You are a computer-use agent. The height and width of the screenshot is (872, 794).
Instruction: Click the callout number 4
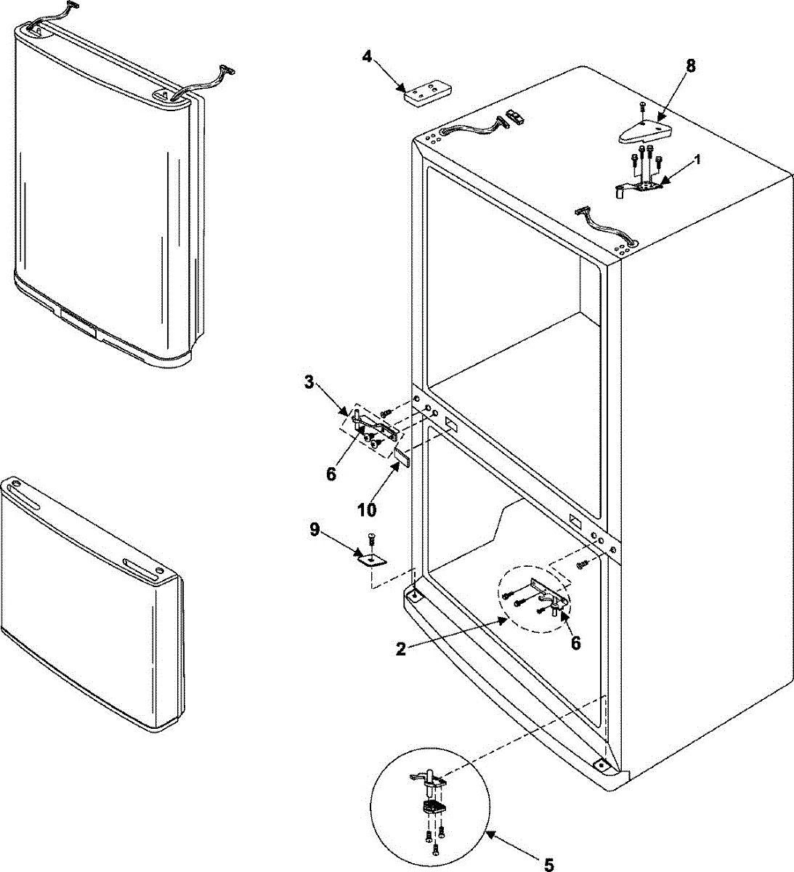coord(368,57)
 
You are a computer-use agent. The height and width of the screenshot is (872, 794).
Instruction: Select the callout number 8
coord(689,65)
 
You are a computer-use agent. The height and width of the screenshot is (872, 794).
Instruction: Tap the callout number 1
coord(698,161)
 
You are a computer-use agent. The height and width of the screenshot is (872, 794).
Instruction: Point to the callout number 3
coord(309,383)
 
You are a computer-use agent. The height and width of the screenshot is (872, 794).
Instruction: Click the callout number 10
coord(367,510)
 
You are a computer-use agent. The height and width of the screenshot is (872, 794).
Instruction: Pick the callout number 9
coord(315,529)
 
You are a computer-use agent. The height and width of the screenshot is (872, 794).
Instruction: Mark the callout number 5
coord(549,864)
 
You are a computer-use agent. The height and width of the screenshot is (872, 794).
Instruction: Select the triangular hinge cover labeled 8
coord(645,132)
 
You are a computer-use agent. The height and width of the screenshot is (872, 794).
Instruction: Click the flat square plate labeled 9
coord(373,558)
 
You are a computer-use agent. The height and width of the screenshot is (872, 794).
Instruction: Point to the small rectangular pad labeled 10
coord(402,458)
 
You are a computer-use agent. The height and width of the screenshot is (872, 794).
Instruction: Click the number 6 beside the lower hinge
coord(575,644)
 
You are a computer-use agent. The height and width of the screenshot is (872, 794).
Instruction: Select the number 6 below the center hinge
coord(331,474)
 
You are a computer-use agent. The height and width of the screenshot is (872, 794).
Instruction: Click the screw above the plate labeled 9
coord(373,539)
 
